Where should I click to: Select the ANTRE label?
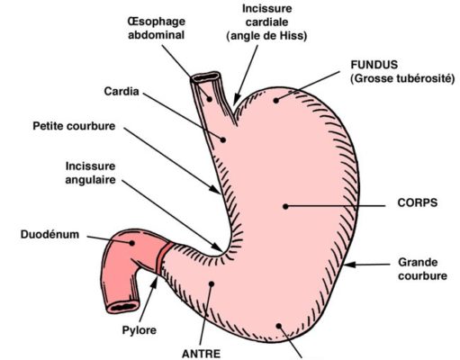click(x=201, y=354)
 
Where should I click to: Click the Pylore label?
click(x=140, y=330)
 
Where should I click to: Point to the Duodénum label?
click(x=50, y=234)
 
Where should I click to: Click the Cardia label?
click(x=122, y=91)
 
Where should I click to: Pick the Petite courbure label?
click(x=74, y=126)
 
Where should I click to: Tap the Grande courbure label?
click(x=422, y=269)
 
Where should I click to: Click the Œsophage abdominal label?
click(x=157, y=28)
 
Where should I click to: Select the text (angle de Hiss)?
click(x=266, y=36)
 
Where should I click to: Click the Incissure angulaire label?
click(x=90, y=173)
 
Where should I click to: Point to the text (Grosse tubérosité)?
click(x=402, y=78)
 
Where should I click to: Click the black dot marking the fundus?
click(x=276, y=101)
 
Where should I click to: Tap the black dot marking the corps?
click(x=285, y=206)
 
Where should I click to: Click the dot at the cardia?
click(x=223, y=139)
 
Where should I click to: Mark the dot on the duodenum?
click(x=131, y=243)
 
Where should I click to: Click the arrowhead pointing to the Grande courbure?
click(x=349, y=265)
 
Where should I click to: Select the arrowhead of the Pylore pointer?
click(x=155, y=283)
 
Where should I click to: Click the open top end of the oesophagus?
click(x=206, y=77)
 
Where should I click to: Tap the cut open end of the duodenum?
click(x=123, y=307)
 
